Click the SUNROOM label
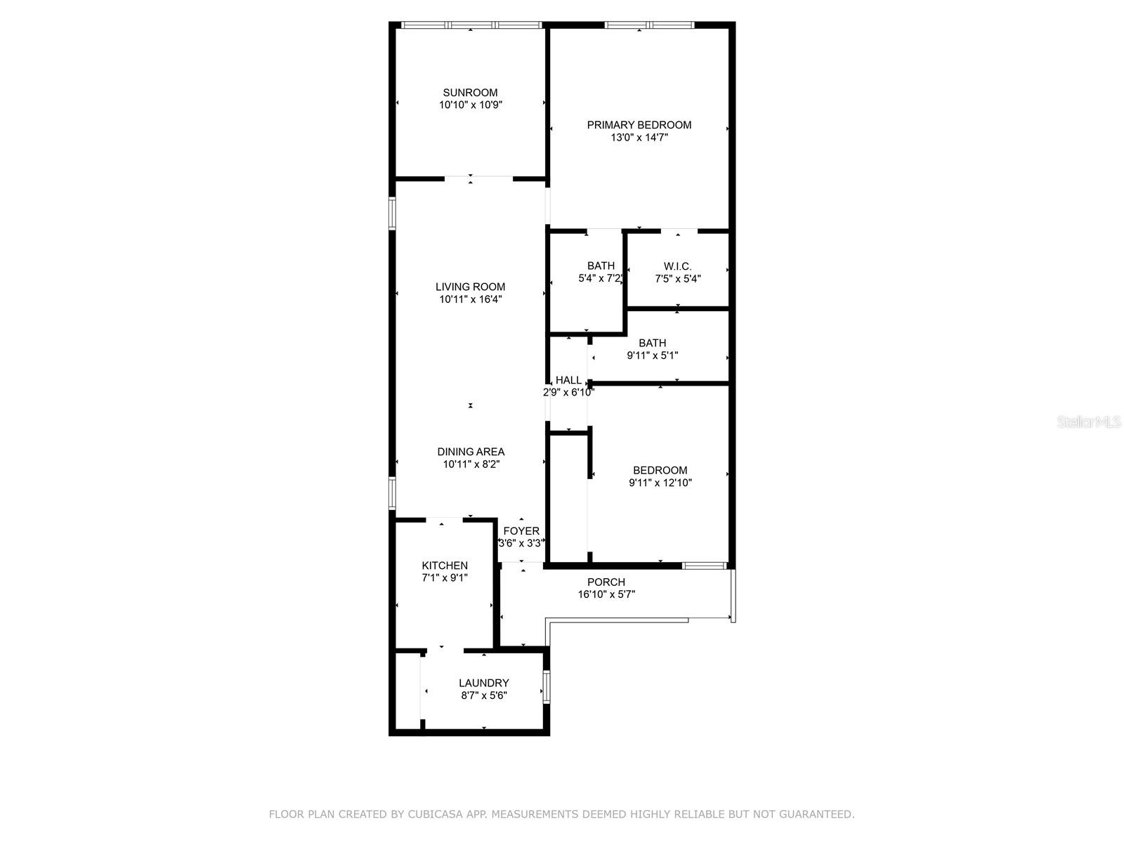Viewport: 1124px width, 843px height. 470,93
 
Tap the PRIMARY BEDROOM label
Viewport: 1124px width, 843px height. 639,125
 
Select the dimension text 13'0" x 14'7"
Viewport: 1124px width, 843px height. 639,138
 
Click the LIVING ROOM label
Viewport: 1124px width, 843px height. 470,287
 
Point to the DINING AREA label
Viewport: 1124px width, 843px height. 471,452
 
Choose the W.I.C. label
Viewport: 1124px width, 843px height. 678,266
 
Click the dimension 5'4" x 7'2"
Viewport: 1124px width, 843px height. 601,278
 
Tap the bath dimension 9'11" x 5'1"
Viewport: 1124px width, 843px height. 653,355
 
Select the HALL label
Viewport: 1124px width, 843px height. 568,380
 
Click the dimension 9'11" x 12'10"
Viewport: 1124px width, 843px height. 660,483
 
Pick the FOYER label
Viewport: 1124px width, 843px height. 521,531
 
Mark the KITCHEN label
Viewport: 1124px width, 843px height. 445,566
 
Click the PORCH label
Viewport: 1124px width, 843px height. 606,582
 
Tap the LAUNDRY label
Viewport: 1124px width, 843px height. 484,683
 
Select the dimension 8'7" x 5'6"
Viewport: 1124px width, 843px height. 484,695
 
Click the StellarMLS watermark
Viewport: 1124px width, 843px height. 1089,422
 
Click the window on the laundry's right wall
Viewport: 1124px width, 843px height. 547,686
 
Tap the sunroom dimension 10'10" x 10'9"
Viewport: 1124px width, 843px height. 470,105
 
